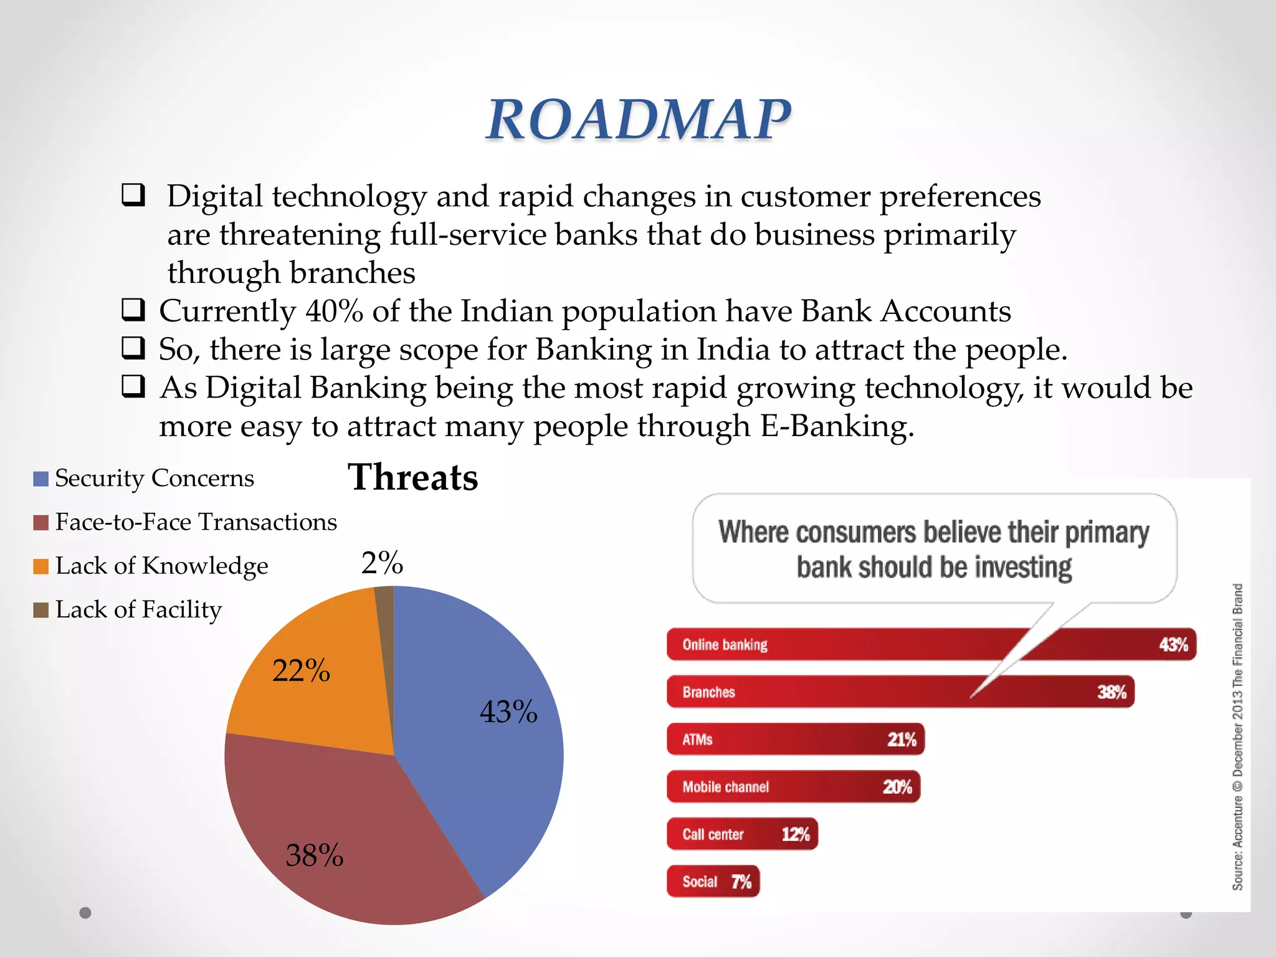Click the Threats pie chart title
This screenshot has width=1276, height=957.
pyautogui.click(x=412, y=477)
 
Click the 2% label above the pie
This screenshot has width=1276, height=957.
pyautogui.click(x=382, y=563)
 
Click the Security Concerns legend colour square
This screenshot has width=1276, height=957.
pyautogui.click(x=40, y=478)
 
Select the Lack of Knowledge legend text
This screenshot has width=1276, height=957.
pyautogui.click(x=161, y=566)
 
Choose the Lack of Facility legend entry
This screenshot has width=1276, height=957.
pyautogui.click(x=138, y=609)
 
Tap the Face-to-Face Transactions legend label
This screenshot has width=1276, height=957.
pyautogui.click(x=196, y=522)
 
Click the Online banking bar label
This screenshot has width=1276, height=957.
pyautogui.click(x=725, y=644)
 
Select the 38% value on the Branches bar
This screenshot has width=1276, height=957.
pyautogui.click(x=1112, y=692)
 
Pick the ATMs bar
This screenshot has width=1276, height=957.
pyautogui.click(x=795, y=740)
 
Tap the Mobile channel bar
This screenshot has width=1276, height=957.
pyautogui.click(x=793, y=787)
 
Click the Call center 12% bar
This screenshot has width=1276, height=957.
pyautogui.click(x=741, y=834)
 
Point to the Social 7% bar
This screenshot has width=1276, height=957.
pyautogui.click(x=713, y=882)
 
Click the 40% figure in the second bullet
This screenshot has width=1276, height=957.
pyautogui.click(x=334, y=311)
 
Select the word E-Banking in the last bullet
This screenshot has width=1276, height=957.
pyautogui.click(x=836, y=426)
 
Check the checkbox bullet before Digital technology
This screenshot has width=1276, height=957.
pyautogui.click(x=133, y=195)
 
